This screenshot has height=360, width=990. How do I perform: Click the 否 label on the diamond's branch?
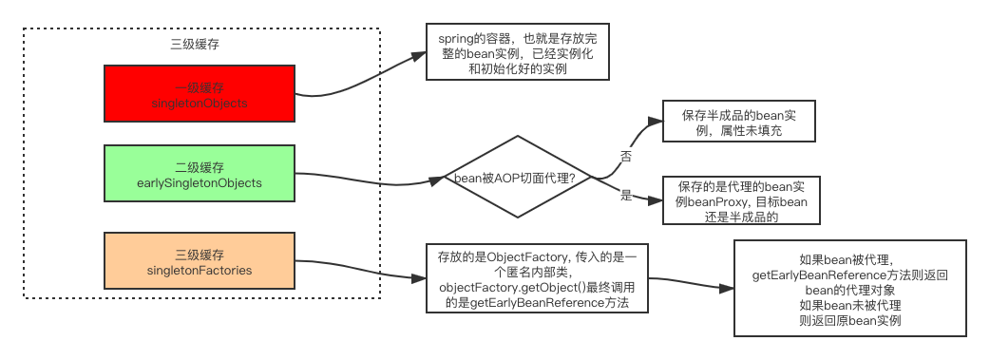(626, 155)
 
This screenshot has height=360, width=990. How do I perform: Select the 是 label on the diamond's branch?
(626, 194)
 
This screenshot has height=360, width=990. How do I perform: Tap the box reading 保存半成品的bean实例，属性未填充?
(738, 123)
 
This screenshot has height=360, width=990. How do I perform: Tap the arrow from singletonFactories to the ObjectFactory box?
(371, 275)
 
